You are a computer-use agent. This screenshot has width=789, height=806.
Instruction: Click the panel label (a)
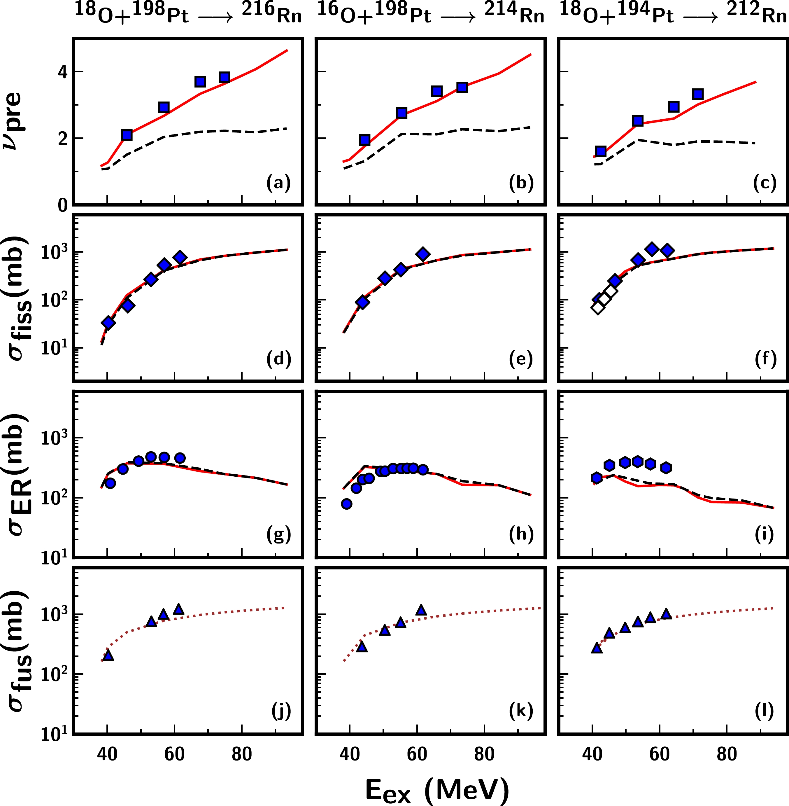tap(278, 183)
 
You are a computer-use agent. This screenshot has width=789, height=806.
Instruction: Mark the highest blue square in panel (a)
tap(224, 77)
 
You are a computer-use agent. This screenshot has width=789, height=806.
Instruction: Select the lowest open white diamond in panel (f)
tap(597, 308)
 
